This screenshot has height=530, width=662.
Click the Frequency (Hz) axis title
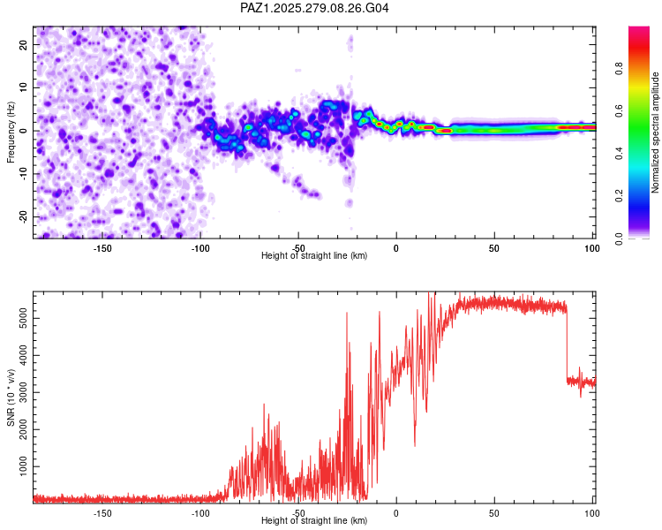click(11, 132)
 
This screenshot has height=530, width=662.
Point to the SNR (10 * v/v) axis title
click(11, 397)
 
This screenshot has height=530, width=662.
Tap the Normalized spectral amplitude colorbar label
click(655, 132)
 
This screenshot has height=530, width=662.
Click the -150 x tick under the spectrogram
click(102, 247)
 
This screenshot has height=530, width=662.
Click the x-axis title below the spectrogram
click(314, 256)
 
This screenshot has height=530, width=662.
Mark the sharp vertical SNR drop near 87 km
click(567, 344)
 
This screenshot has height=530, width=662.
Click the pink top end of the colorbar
click(638, 30)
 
